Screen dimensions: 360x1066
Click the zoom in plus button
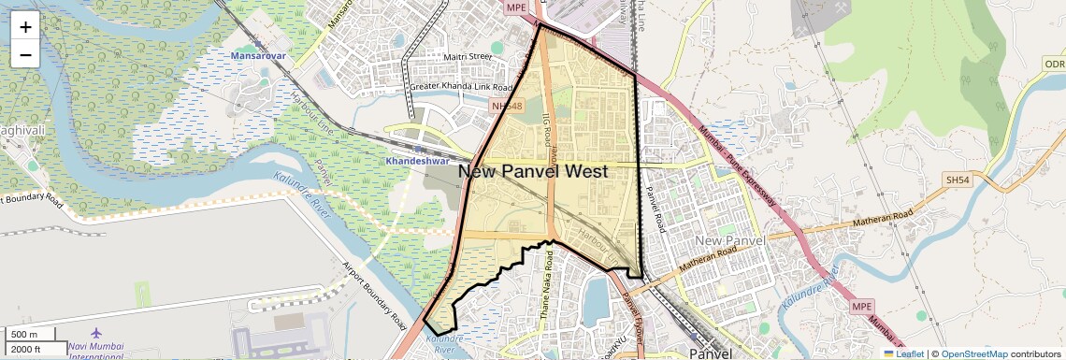pos(25,26)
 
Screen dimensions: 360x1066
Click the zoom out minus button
pos(25,54)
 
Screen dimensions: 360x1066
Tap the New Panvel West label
pos(533,171)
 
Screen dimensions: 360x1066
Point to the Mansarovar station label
pos(258,57)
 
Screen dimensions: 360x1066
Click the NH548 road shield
pos(506,107)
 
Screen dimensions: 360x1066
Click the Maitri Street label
pos(468,57)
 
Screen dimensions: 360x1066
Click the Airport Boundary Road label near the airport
pos(374,294)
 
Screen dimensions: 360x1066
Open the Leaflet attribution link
pos(903,353)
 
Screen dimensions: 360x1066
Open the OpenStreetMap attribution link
pos(973,353)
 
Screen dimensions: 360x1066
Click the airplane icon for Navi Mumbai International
pos(96,333)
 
